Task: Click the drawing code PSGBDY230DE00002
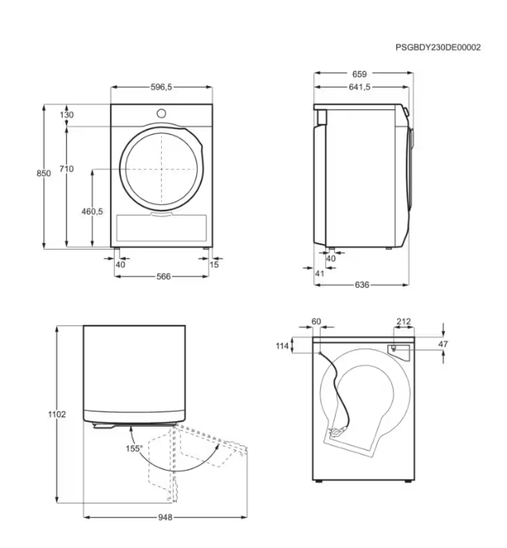pyautogui.click(x=438, y=47)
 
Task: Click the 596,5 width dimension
pyautogui.click(x=161, y=87)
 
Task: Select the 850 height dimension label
pyautogui.click(x=44, y=173)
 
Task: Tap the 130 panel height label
pyautogui.click(x=67, y=115)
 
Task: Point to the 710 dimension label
pyautogui.click(x=66, y=169)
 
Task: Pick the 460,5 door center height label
pyautogui.click(x=92, y=211)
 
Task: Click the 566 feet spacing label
pyautogui.click(x=163, y=277)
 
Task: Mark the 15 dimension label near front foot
pyautogui.click(x=214, y=265)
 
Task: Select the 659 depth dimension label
pyautogui.click(x=360, y=74)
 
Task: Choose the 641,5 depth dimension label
pyautogui.click(x=360, y=87)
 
